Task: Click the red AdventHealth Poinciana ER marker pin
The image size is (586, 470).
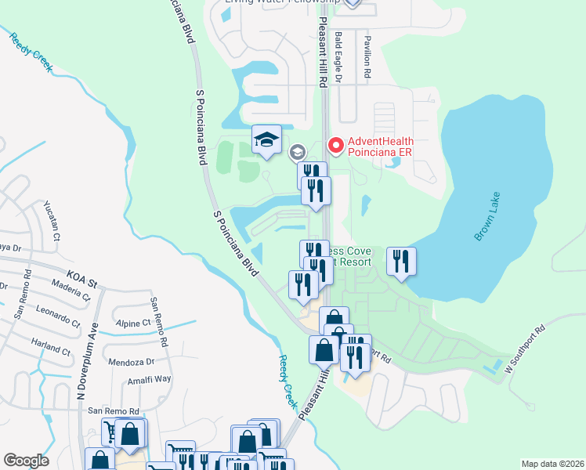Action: (335, 145)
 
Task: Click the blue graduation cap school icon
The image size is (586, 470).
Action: (266, 140)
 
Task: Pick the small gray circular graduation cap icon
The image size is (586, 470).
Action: (298, 152)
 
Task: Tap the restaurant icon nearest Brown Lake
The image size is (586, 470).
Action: (401, 262)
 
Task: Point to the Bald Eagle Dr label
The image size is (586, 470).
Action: (339, 57)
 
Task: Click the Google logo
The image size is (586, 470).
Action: (26, 461)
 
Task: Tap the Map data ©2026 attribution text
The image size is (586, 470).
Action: (552, 463)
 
